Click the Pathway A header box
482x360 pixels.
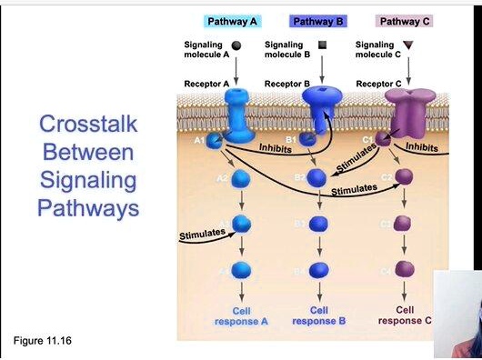pyautogui.click(x=232, y=21)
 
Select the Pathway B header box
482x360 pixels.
pyautogui.click(x=317, y=21)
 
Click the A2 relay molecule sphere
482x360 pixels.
pyautogui.click(x=241, y=177)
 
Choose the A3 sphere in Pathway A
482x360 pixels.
pyautogui.click(x=241, y=223)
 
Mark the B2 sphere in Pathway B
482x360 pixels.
pyautogui.click(x=318, y=177)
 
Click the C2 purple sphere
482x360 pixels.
pyautogui.click(x=404, y=176)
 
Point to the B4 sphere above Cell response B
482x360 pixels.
pyautogui.click(x=318, y=269)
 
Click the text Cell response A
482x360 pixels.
pyautogui.click(x=241, y=315)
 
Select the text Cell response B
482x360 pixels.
pyautogui.click(x=318, y=315)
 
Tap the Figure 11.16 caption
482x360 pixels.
pyautogui.click(x=43, y=341)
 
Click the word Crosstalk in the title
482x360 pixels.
pyautogui.click(x=87, y=125)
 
